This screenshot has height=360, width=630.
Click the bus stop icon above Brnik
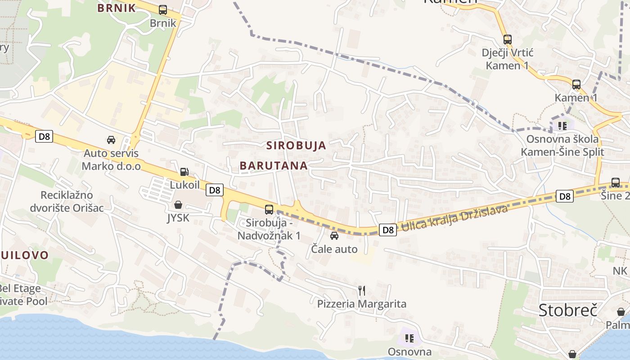click(163, 9)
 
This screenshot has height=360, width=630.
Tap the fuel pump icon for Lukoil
click(184, 171)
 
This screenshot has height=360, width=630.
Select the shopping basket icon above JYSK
click(178, 205)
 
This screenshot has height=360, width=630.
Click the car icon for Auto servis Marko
click(111, 140)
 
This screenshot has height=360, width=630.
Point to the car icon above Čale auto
click(334, 236)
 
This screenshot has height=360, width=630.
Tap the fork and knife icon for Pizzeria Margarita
click(362, 290)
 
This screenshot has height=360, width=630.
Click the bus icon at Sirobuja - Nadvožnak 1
click(269, 209)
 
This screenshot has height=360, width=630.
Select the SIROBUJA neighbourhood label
click(296, 145)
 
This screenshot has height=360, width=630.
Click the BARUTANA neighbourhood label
click(274, 166)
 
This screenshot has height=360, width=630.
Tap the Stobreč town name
click(568, 310)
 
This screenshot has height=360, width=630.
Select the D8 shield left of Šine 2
click(565, 196)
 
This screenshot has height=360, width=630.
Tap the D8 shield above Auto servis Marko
click(44, 136)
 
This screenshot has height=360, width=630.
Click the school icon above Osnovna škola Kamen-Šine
click(562, 126)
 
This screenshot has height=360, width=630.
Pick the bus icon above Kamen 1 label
click(576, 84)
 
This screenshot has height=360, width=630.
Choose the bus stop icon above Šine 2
click(615, 183)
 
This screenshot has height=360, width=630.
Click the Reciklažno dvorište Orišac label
click(67, 201)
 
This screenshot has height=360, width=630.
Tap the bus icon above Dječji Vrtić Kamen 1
click(508, 40)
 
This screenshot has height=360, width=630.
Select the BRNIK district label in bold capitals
click(117, 8)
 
